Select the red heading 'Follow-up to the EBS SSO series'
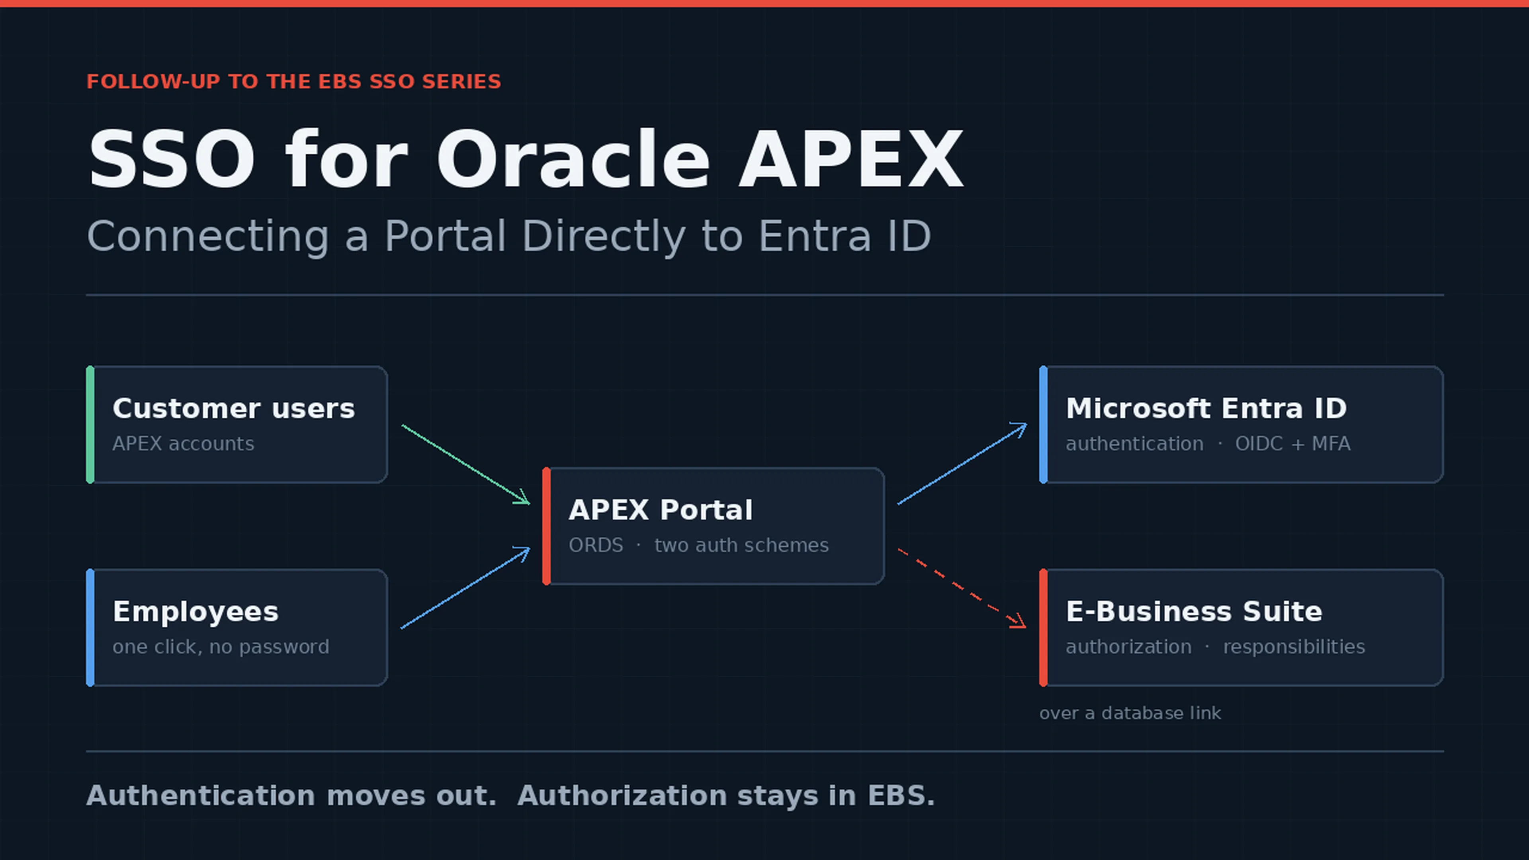click(x=294, y=81)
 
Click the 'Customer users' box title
click(x=234, y=408)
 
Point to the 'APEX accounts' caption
click(x=184, y=444)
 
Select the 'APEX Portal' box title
click(x=661, y=510)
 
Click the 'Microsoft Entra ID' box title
click(x=1206, y=408)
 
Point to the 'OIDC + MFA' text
click(x=1293, y=444)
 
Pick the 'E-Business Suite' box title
click(x=1194, y=611)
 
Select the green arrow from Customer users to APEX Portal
click(x=465, y=465)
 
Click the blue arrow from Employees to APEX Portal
click(x=465, y=588)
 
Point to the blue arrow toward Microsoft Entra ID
click(x=962, y=463)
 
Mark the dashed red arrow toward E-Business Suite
click(x=962, y=588)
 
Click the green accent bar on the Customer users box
click(x=90, y=424)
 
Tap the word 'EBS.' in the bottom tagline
click(x=901, y=795)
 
